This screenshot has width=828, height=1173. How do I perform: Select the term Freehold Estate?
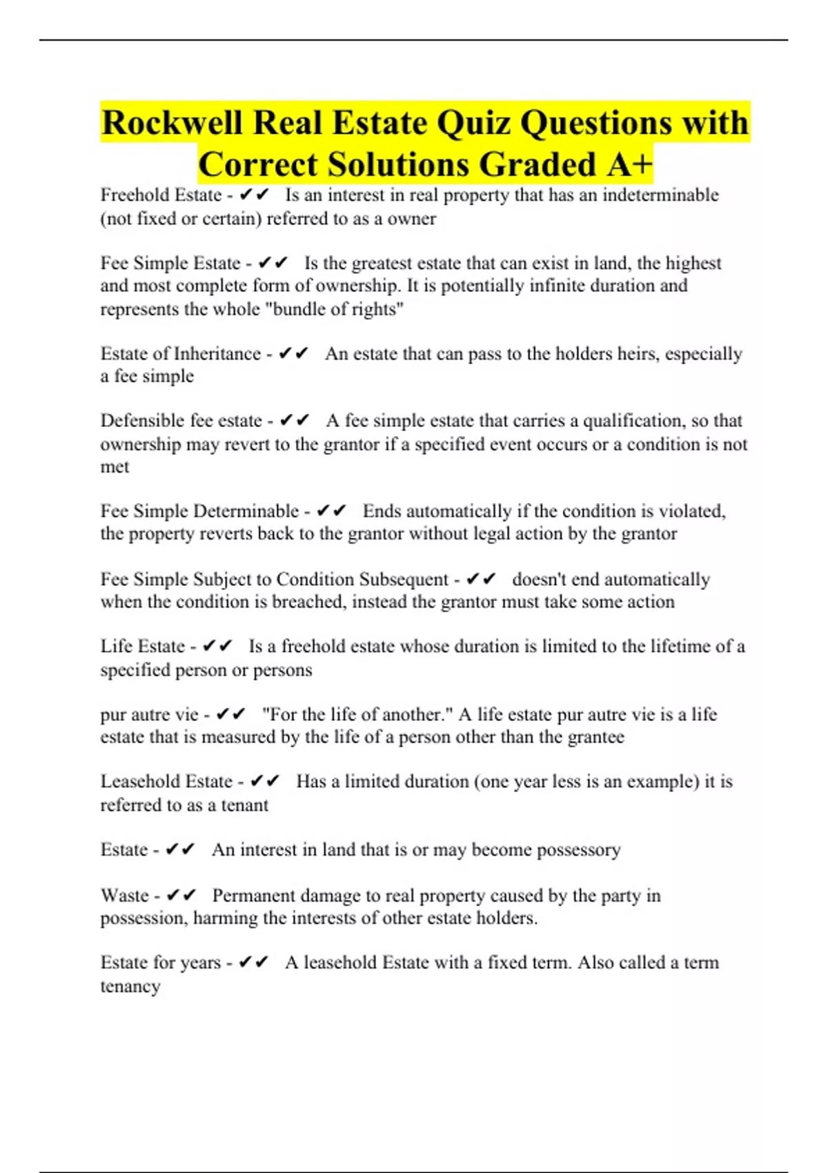[x=161, y=195]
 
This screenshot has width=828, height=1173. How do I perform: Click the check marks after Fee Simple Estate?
[x=273, y=263]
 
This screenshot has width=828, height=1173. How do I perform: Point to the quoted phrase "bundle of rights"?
[x=334, y=309]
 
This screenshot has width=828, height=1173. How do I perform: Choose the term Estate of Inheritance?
[x=181, y=354]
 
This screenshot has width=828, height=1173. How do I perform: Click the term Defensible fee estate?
[x=181, y=421]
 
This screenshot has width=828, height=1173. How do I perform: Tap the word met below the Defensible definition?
[x=115, y=467]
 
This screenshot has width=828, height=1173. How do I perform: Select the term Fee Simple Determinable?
[x=199, y=511]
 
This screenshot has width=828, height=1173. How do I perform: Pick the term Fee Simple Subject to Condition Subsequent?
[x=275, y=579]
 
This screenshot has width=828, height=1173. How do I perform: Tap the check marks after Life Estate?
[x=218, y=647]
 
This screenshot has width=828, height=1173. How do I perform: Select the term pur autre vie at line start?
[x=149, y=714]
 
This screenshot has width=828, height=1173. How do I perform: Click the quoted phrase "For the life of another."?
[x=357, y=714]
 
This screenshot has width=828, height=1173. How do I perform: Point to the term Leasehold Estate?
[x=166, y=782]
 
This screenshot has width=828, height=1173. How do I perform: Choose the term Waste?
[x=124, y=896]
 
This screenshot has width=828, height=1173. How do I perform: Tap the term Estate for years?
[x=160, y=963]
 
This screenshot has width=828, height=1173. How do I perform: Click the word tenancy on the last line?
[x=130, y=986]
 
